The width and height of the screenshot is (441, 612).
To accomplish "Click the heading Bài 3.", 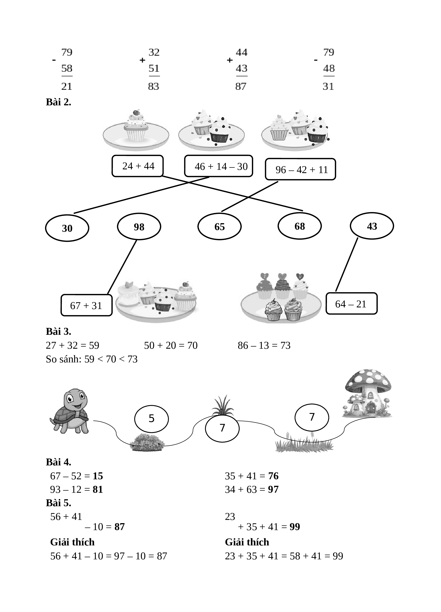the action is [58, 331].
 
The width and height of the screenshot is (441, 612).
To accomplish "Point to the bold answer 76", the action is [273, 476].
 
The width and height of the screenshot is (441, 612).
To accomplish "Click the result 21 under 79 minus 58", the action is [67, 86].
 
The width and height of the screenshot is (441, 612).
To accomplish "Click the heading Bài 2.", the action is [58, 102].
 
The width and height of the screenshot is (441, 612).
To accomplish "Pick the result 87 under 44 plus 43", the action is [241, 86].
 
